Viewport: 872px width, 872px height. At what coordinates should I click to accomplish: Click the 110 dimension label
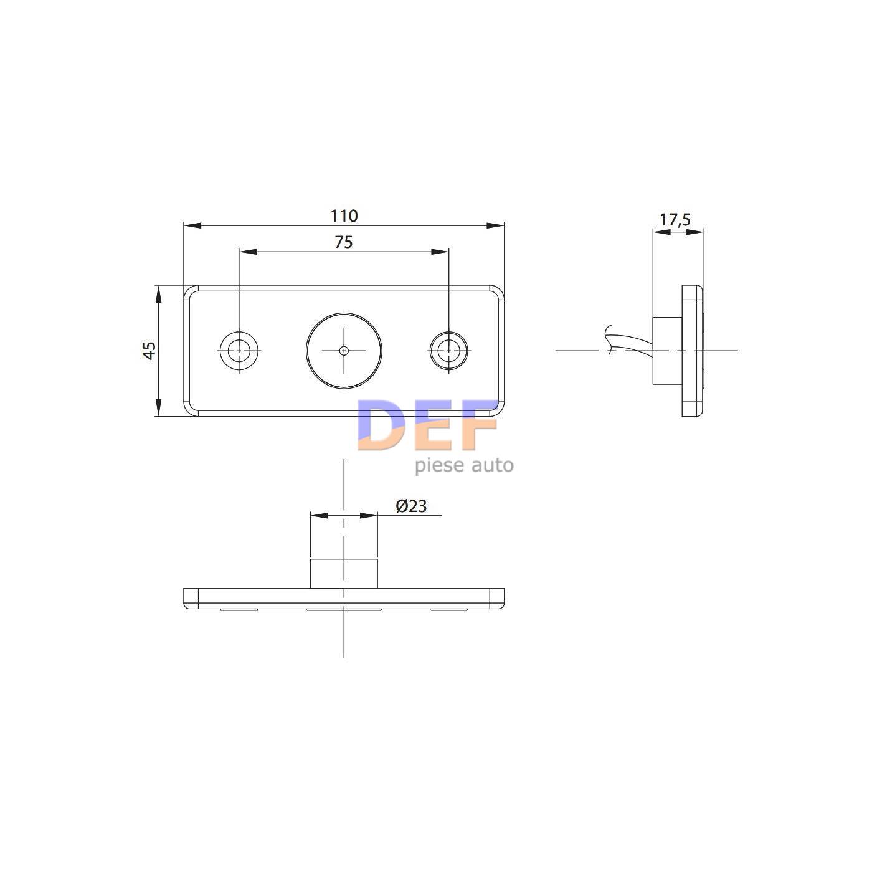344,216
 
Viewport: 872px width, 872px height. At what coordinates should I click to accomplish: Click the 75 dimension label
344,242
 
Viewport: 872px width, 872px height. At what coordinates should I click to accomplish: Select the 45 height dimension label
149,350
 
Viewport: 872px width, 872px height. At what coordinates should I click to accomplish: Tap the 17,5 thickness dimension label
675,220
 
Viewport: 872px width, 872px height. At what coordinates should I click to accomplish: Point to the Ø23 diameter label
411,506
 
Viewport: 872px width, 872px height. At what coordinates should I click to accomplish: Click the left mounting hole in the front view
239,350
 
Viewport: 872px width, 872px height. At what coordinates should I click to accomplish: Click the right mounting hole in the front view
448,350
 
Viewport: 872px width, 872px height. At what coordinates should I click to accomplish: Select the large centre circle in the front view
344,312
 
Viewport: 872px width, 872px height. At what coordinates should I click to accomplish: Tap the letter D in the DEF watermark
381,425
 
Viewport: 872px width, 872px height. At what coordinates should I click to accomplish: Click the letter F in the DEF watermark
479,425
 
